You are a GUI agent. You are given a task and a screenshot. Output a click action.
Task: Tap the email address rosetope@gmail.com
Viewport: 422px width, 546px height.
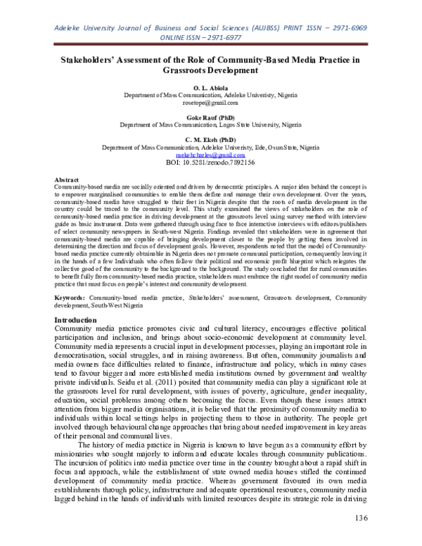coord(210,103)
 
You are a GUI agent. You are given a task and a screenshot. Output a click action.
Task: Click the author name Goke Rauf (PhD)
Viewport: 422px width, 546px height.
coord(210,118)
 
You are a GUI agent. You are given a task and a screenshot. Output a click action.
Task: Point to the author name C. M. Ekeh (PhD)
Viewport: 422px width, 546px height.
coord(210,140)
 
